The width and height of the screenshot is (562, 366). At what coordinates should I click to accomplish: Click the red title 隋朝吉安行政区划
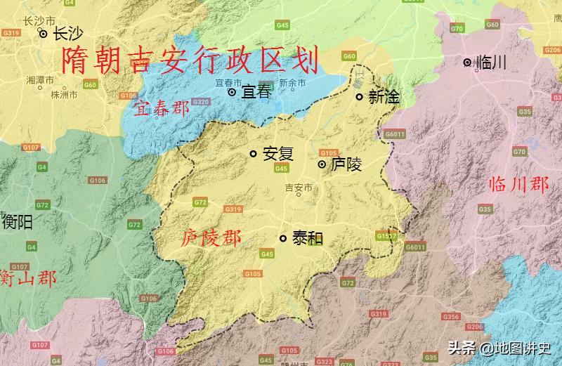point(190,61)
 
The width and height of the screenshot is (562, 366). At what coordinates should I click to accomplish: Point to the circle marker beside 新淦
point(359,97)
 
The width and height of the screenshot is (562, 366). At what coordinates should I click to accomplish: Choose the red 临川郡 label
point(518,185)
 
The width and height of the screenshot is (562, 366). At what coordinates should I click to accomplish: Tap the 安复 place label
point(277,154)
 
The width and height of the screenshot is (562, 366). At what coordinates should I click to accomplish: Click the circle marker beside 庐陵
point(322,164)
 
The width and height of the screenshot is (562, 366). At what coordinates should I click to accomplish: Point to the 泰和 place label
point(307,238)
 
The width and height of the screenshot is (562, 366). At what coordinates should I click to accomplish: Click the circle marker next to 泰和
point(283,238)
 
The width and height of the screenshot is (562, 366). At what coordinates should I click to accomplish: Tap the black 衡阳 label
point(18,223)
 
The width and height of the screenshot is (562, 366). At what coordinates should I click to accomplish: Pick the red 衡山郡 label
point(28,277)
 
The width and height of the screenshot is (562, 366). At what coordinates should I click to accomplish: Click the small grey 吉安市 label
point(297,188)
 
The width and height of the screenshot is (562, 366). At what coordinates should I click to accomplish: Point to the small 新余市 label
point(292,82)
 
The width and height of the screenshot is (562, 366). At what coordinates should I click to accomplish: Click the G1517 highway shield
point(386,236)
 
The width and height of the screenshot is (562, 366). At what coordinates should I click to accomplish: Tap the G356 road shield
point(450,317)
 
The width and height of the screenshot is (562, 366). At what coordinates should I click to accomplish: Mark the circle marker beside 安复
point(254,154)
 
